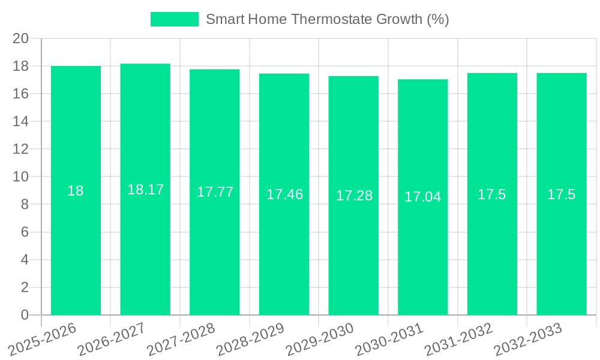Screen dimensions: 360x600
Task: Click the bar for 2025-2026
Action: tap(76, 240)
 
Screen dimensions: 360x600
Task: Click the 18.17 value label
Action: tap(145, 190)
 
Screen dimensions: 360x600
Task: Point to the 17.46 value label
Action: tap(284, 194)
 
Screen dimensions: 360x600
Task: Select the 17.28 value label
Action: tap(354, 196)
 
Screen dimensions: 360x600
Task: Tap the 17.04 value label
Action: tap(422, 197)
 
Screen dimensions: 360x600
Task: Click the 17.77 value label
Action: tap(215, 192)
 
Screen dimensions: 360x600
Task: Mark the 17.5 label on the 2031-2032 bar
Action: tap(492, 194)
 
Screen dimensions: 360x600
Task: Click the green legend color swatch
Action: tap(174, 19)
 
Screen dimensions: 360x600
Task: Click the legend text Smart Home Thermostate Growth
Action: tap(327, 19)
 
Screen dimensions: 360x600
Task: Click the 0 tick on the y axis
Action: tap(25, 315)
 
